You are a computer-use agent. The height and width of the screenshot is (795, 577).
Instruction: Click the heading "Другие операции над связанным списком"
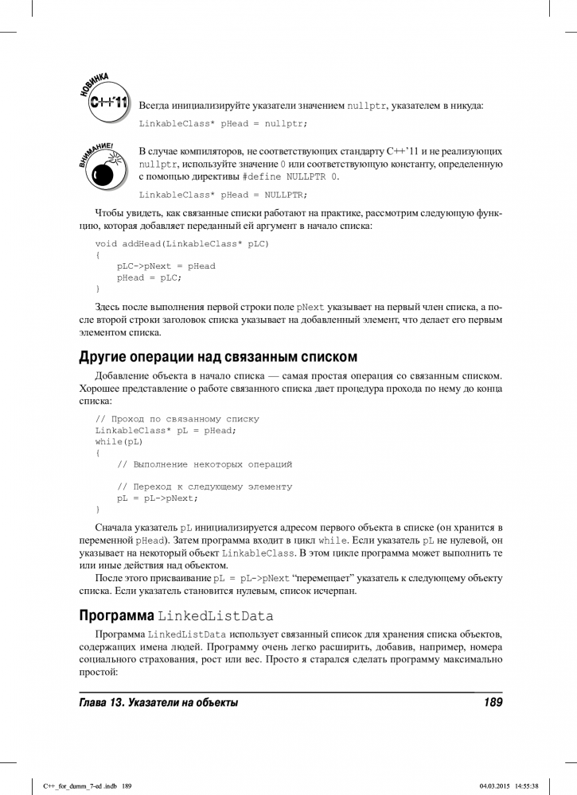[218, 355]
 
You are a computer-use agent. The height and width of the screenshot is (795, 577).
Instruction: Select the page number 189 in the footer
[493, 702]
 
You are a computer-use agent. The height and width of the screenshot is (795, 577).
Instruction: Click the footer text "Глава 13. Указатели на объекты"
[159, 702]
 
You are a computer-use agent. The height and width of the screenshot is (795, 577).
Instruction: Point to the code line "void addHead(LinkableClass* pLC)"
[181, 243]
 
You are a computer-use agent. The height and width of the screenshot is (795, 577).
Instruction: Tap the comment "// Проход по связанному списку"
[177, 418]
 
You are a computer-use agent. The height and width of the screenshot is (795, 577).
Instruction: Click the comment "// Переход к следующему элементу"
[205, 487]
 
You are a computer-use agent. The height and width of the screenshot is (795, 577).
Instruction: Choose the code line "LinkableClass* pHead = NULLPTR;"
[223, 194]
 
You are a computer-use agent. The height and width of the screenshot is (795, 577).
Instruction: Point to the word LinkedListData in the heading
[216, 616]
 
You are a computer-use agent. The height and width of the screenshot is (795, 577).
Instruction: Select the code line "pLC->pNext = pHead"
[166, 266]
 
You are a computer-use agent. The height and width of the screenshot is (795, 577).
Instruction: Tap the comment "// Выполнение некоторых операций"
[205, 463]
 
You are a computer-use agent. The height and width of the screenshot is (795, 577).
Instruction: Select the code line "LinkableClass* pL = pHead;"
[166, 430]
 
